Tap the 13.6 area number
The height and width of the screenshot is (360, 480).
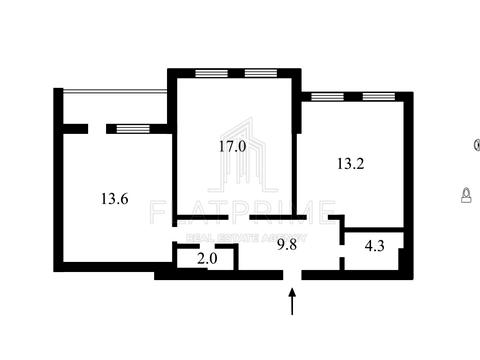tap(113, 198)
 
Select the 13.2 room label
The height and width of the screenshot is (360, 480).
tap(351, 165)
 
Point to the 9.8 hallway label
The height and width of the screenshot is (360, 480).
tap(286, 242)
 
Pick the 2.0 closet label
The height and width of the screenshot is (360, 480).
tap(206, 259)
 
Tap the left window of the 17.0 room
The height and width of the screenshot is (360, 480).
tap(210, 72)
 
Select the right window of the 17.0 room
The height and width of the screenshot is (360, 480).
tap(259, 72)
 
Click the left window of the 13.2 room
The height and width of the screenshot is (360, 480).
tap(327, 97)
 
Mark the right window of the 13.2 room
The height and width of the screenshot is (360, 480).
tap(378, 97)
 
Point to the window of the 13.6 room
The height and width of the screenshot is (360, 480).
tap(127, 127)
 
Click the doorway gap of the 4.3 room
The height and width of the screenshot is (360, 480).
tap(341, 250)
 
